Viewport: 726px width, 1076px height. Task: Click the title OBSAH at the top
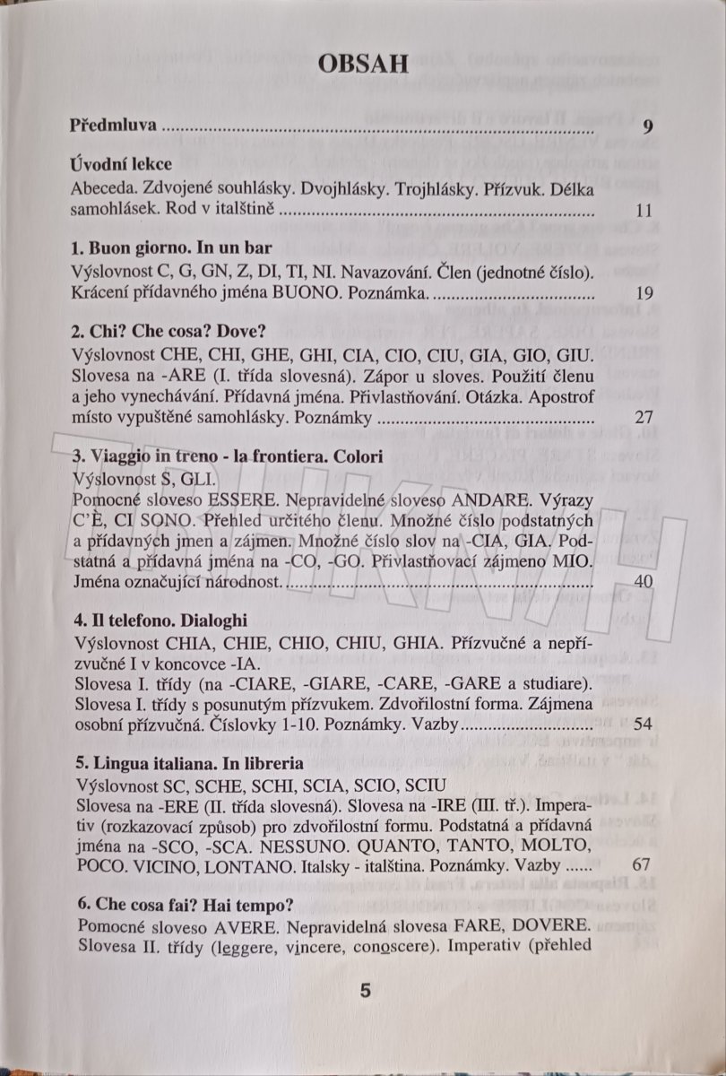pyautogui.click(x=363, y=64)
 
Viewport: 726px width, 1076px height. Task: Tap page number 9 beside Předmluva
pyautogui.click(x=648, y=126)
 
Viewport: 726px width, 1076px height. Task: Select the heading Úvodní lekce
pyautogui.click(x=120, y=166)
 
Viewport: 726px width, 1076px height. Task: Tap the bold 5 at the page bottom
pyautogui.click(x=365, y=991)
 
